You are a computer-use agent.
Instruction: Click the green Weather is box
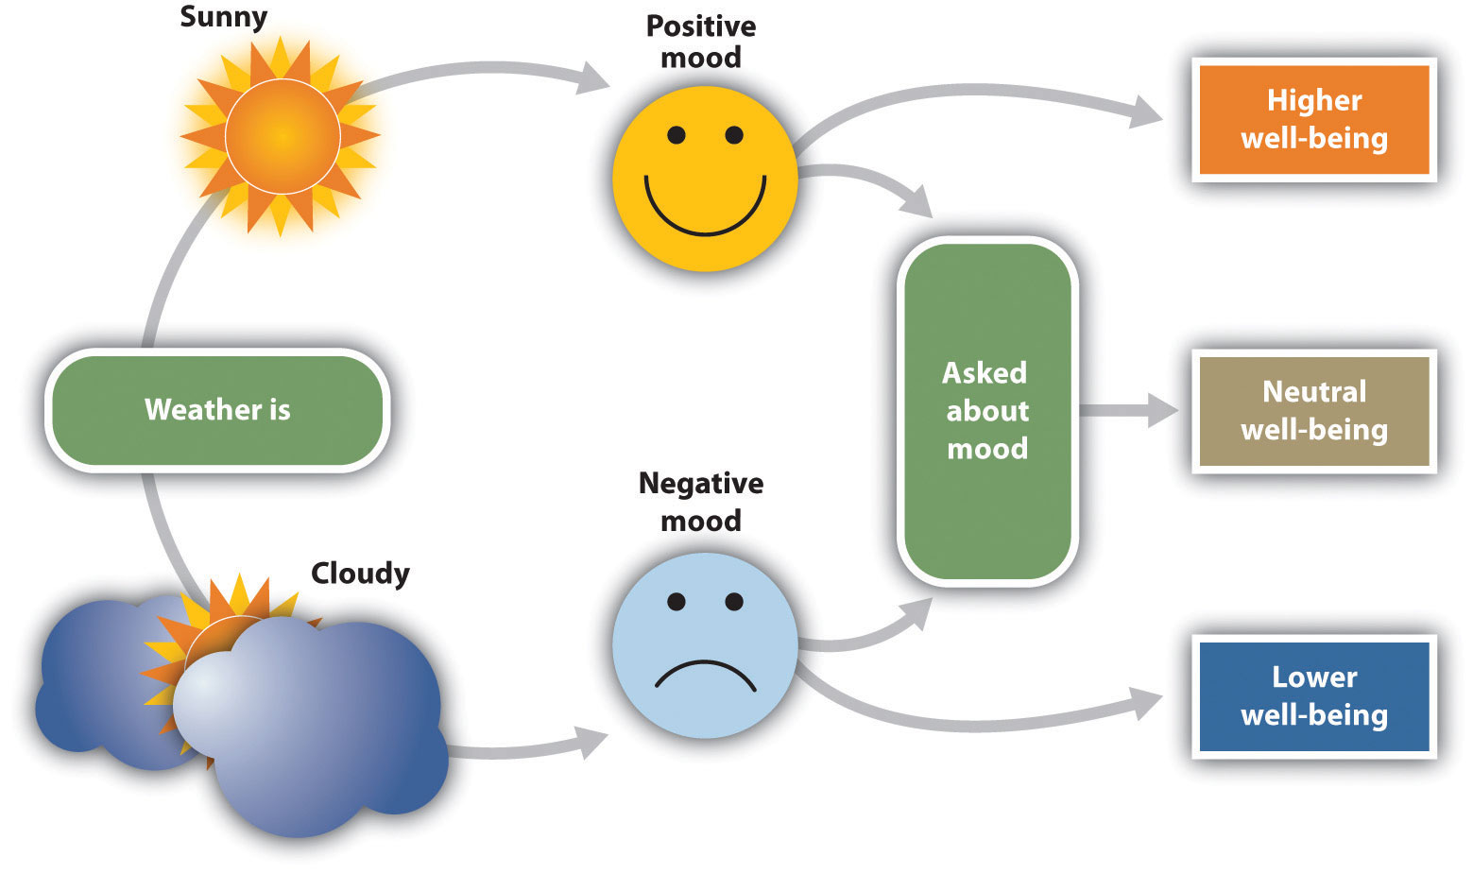pyautogui.click(x=217, y=410)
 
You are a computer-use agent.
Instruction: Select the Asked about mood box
pyautogui.click(x=986, y=411)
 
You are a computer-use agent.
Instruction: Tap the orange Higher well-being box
pyautogui.click(x=1313, y=119)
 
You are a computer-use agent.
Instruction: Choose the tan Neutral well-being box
pyautogui.click(x=1313, y=411)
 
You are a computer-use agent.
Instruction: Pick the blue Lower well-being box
pyautogui.click(x=1313, y=696)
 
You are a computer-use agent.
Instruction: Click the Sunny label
pyautogui.click(x=223, y=17)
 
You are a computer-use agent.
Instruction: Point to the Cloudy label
pyautogui.click(x=360, y=573)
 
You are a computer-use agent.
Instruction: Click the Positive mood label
pyautogui.click(x=700, y=42)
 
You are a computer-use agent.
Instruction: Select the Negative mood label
pyautogui.click(x=700, y=502)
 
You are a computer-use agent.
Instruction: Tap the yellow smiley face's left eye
pyautogui.click(x=676, y=135)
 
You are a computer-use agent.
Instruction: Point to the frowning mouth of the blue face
pyautogui.click(x=705, y=674)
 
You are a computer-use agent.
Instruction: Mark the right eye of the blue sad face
pyautogui.click(x=734, y=602)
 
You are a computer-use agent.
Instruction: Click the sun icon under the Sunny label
pyautogui.click(x=281, y=137)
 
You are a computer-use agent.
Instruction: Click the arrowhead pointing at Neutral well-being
pyautogui.click(x=1162, y=411)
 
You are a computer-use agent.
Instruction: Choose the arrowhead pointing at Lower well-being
pyautogui.click(x=1147, y=704)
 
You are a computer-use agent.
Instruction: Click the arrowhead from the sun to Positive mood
pyautogui.click(x=593, y=78)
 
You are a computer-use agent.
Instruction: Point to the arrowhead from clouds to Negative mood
pyautogui.click(x=592, y=744)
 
